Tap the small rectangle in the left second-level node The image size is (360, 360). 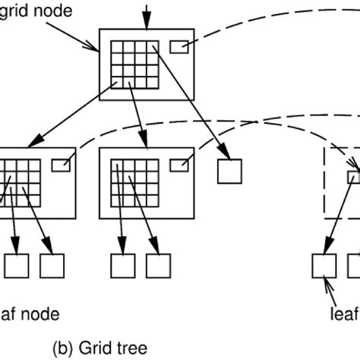click(x=60, y=163)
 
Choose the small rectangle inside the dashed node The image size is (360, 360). click(x=355, y=177)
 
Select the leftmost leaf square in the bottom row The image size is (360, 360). click(x=16, y=265)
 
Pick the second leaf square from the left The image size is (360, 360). click(x=51, y=265)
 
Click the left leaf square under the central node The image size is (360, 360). click(x=122, y=265)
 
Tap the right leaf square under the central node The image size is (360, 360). click(x=157, y=265)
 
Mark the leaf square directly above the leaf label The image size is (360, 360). click(x=324, y=265)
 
